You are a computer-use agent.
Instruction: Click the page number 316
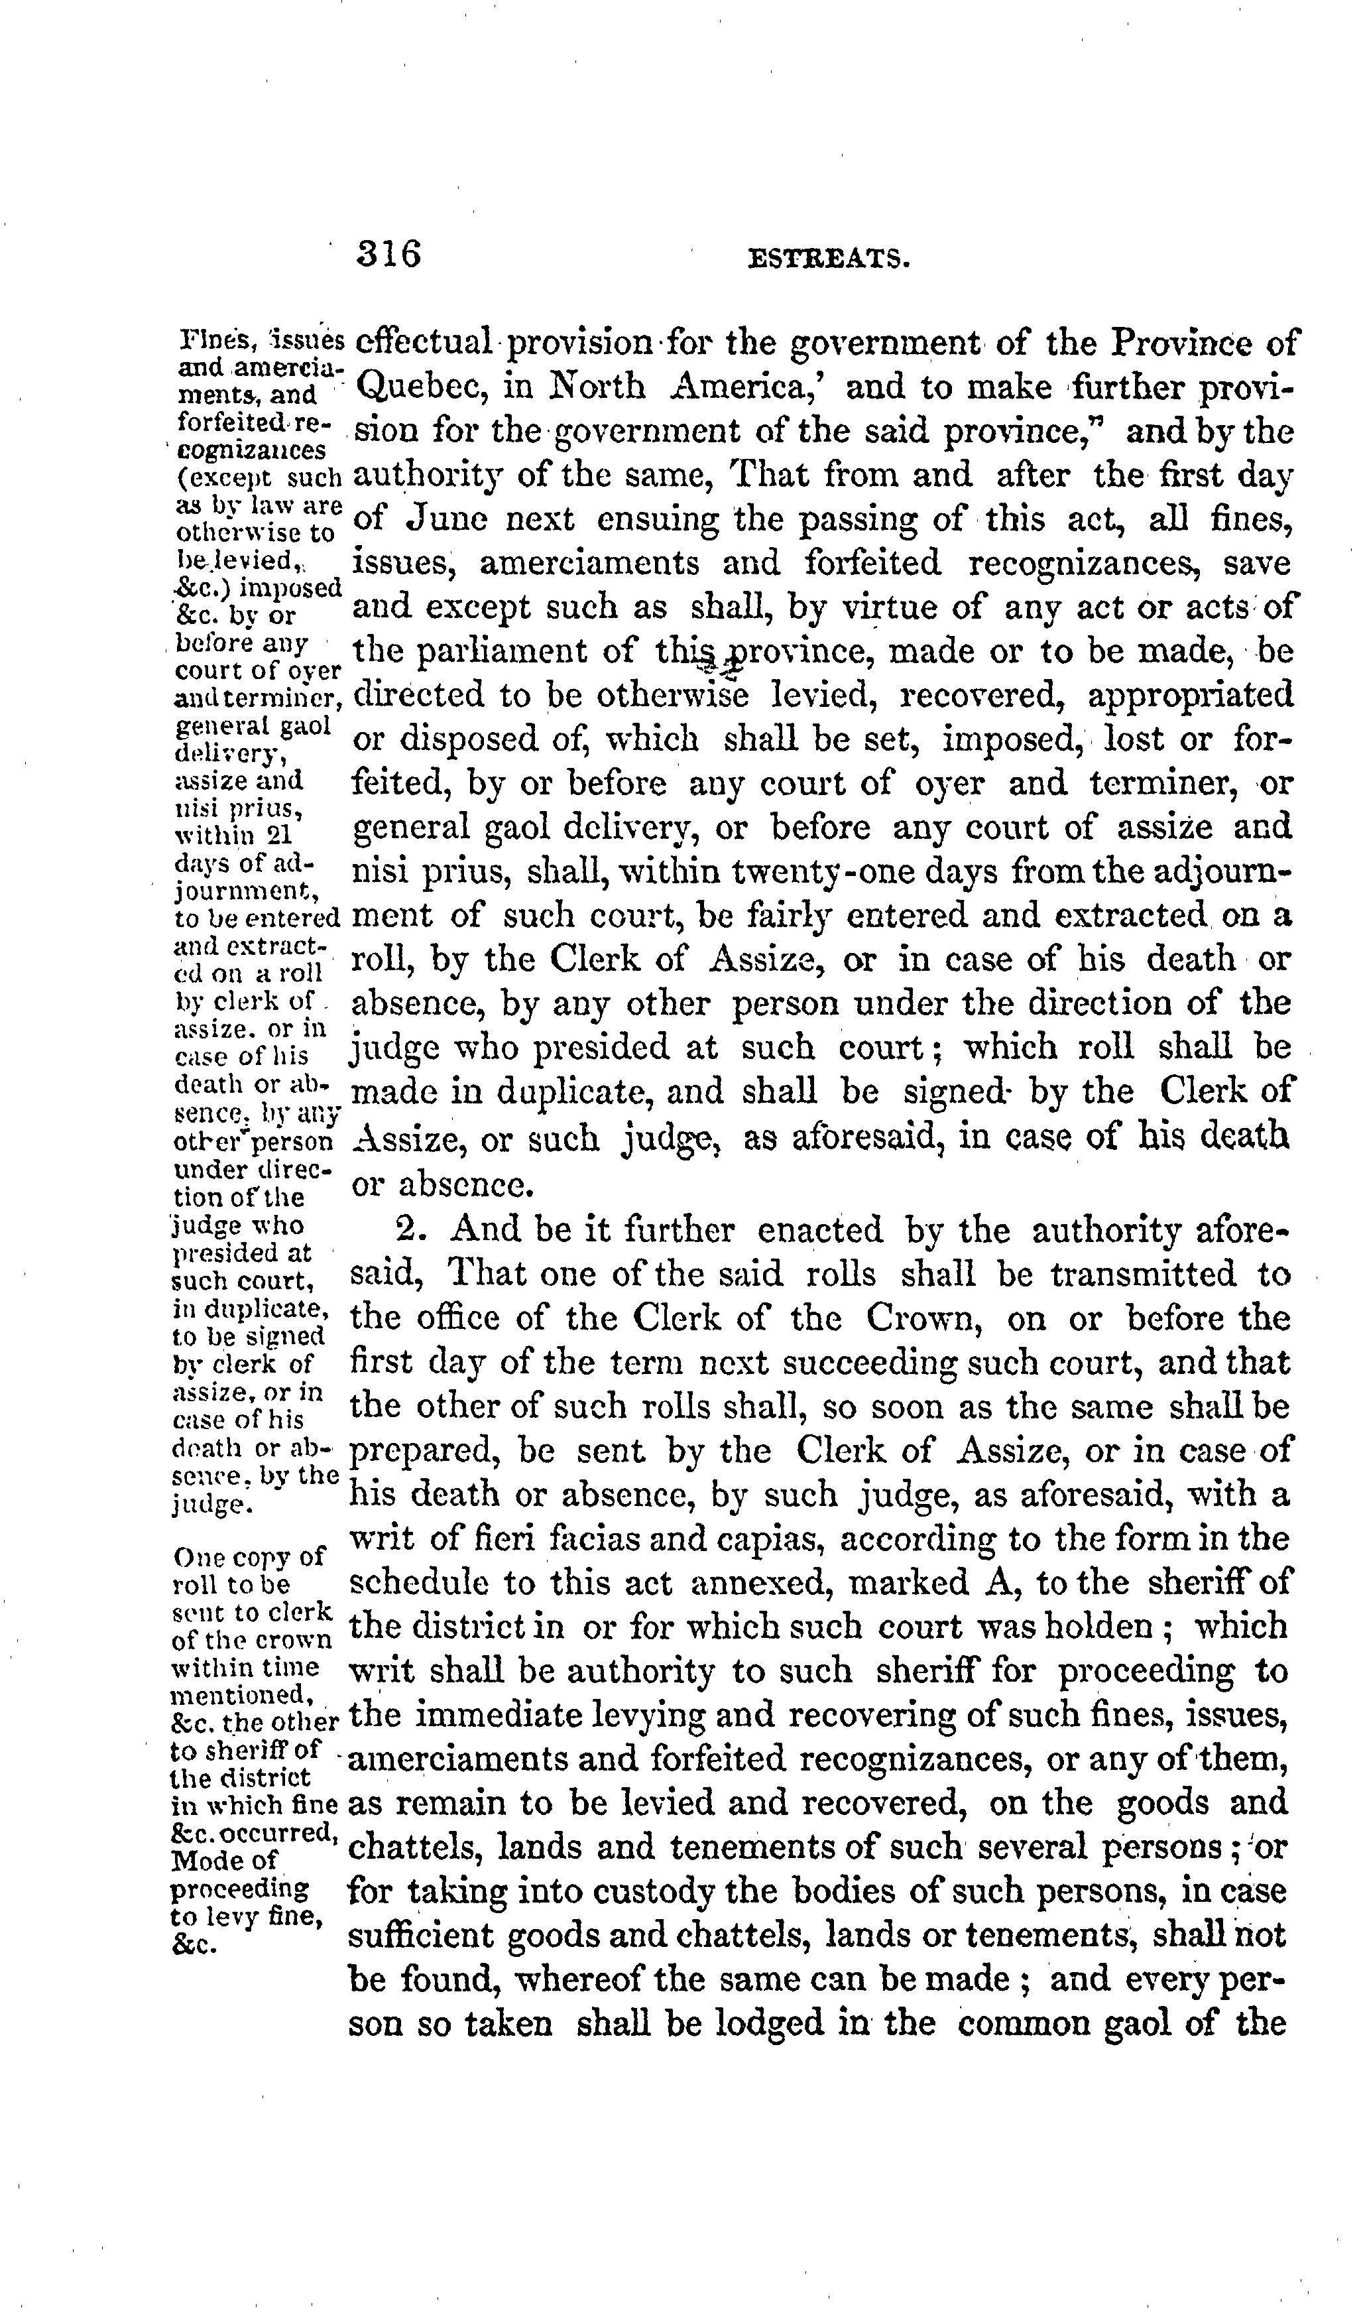(x=388, y=253)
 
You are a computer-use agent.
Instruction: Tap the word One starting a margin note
(x=196, y=1556)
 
